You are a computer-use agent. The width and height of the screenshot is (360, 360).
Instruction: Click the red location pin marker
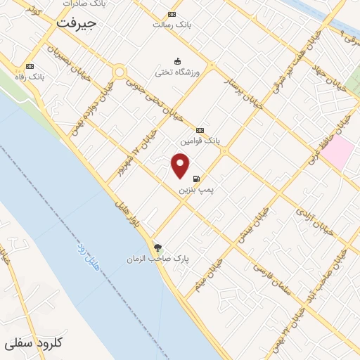coord(181,165)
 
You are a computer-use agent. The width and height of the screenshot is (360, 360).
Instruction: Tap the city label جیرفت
coord(77,23)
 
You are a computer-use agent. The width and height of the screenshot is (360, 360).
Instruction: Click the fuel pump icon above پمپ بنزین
coord(195,179)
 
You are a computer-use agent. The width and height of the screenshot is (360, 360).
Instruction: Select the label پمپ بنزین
coord(195,190)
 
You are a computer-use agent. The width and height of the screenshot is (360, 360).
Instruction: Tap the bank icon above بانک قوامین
coord(200,130)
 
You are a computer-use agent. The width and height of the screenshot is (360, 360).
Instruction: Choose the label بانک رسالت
coord(172,24)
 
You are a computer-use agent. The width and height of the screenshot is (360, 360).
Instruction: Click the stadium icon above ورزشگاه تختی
coord(177,60)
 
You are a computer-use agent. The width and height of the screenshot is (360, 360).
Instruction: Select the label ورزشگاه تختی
coord(178,72)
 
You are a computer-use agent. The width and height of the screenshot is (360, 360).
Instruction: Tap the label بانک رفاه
coord(30,75)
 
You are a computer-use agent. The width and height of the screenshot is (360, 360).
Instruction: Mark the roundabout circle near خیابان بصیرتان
coord(119,72)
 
